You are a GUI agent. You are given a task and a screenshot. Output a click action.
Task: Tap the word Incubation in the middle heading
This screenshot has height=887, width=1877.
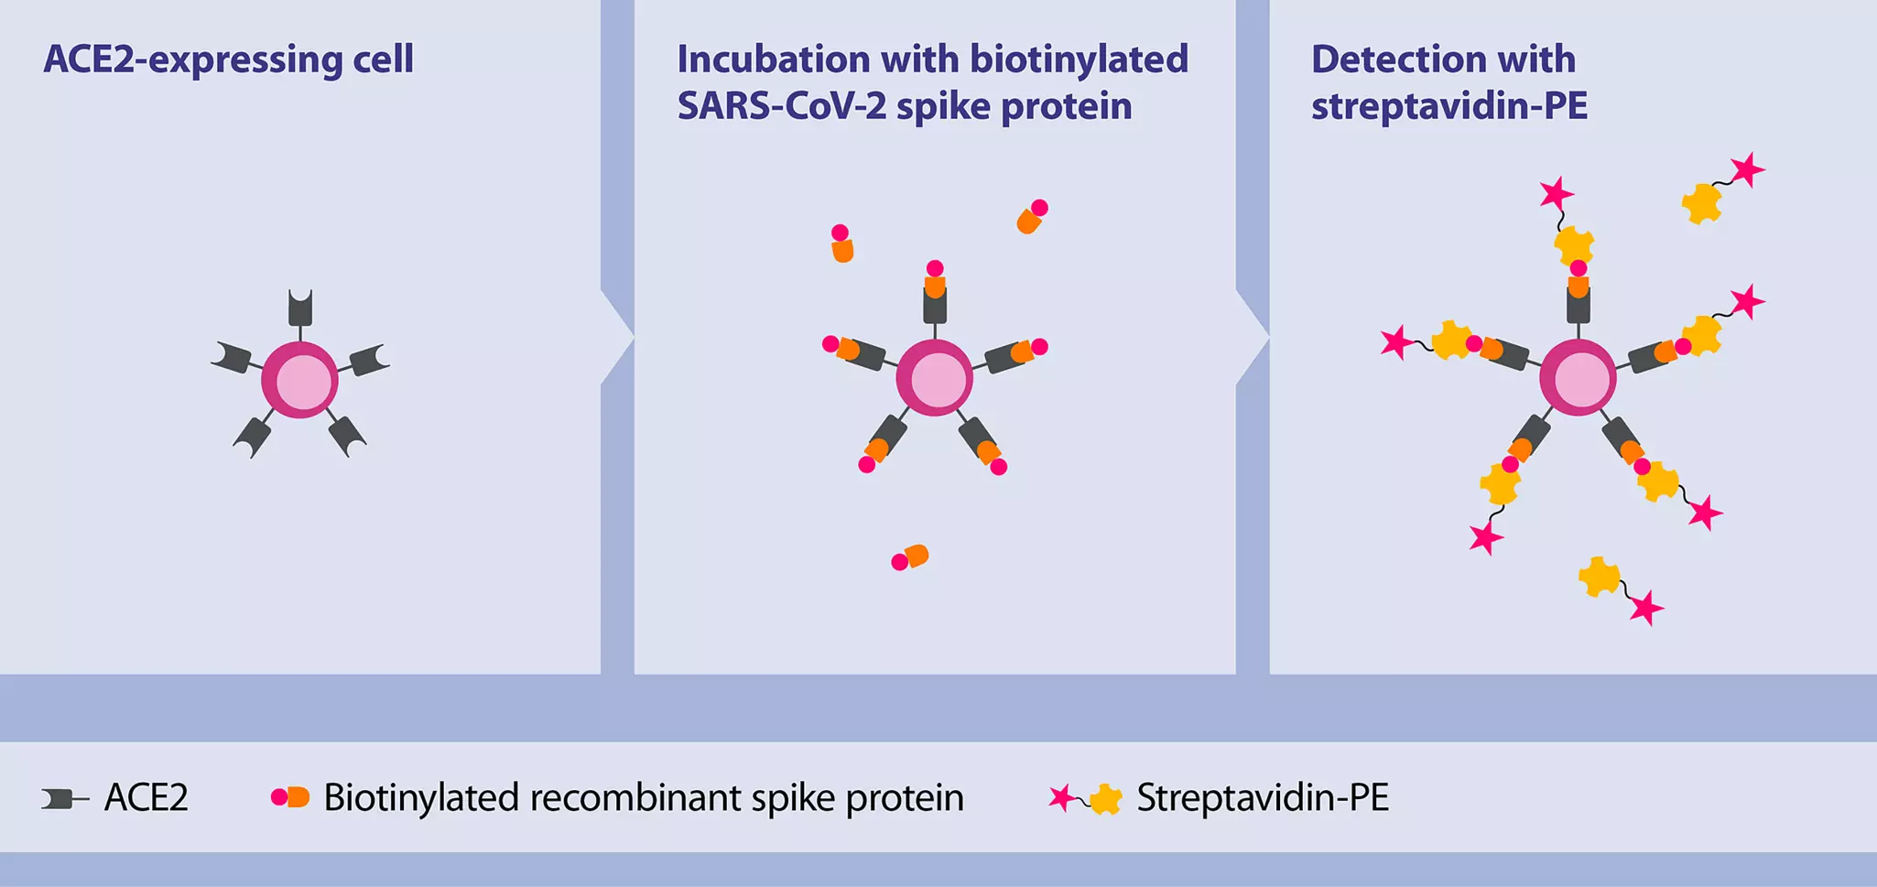pos(771,60)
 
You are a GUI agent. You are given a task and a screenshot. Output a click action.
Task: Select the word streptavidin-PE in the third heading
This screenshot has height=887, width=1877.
pos(1448,106)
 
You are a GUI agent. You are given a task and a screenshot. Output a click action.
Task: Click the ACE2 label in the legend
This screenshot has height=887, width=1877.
pos(146,798)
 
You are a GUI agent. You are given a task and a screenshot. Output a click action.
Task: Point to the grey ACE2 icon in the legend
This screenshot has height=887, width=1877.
pos(62,799)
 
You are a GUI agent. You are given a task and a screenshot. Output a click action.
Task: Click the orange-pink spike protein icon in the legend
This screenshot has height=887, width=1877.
pos(290,797)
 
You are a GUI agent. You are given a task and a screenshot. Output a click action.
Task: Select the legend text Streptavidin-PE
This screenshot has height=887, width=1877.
pos(1262,798)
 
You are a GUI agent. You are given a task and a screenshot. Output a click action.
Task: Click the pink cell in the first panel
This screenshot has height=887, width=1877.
pos(300,381)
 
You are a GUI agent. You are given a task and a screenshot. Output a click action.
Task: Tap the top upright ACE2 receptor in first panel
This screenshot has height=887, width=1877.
pos(300,308)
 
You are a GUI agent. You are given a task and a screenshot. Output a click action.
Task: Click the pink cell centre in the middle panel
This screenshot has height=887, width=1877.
pos(935,378)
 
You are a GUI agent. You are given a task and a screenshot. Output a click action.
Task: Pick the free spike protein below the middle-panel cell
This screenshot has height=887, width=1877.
pos(910,557)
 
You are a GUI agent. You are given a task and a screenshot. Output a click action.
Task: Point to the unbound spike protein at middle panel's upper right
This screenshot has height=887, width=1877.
pos(1032,218)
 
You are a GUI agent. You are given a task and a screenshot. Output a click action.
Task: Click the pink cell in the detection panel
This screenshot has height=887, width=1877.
pos(1578,378)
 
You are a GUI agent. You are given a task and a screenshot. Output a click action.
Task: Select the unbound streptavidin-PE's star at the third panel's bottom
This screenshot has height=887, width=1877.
pos(1646,608)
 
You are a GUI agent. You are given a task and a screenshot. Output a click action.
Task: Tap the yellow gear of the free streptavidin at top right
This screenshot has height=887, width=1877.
pos(1702,203)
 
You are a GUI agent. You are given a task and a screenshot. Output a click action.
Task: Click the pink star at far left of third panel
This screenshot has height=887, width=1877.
pos(1397,342)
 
